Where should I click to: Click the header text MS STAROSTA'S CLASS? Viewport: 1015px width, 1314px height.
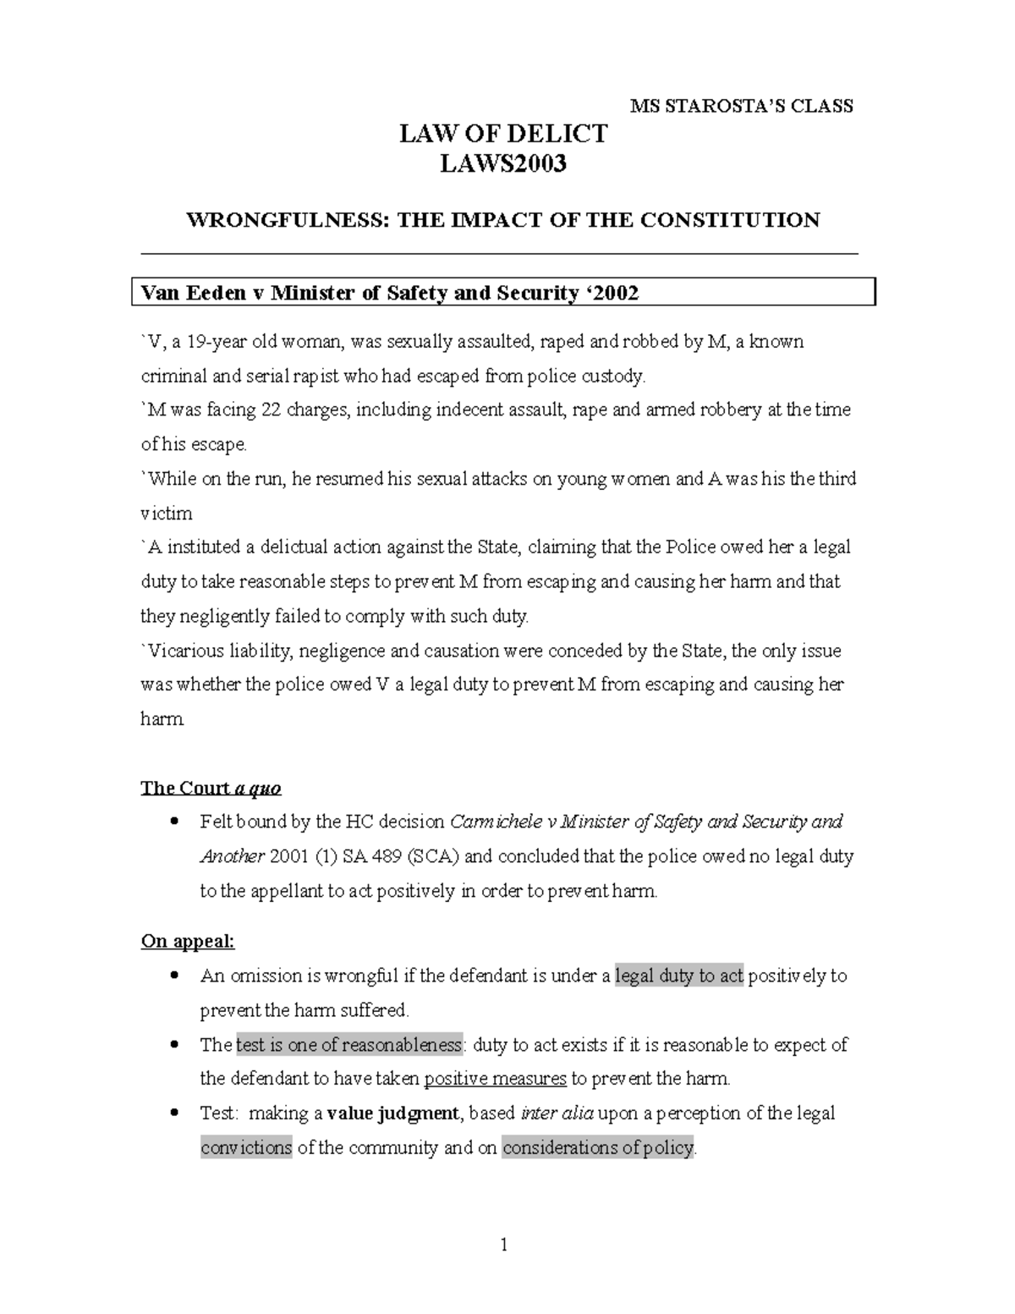tap(742, 106)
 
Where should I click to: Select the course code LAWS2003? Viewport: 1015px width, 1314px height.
tap(503, 163)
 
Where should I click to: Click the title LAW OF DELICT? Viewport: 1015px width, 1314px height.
tap(503, 134)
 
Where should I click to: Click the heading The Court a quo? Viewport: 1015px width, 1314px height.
tap(211, 789)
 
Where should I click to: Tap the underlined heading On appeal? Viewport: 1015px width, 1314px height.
tap(188, 941)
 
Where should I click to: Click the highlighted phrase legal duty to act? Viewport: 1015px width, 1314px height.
tap(679, 976)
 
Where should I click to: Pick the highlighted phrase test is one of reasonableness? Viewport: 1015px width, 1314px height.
tap(349, 1045)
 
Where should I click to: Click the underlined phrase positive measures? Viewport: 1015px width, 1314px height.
tap(495, 1079)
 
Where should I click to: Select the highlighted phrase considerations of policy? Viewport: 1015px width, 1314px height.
tap(598, 1148)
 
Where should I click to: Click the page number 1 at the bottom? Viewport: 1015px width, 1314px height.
tap(504, 1245)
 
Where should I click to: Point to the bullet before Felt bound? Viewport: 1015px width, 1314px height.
tap(173, 822)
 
